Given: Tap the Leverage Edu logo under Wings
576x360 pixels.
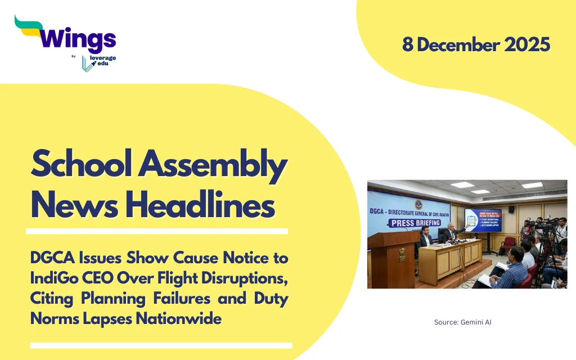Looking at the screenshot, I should coord(98,62).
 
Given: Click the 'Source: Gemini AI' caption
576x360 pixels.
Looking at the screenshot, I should coord(463,322).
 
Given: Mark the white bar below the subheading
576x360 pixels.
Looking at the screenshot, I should coord(161,345).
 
